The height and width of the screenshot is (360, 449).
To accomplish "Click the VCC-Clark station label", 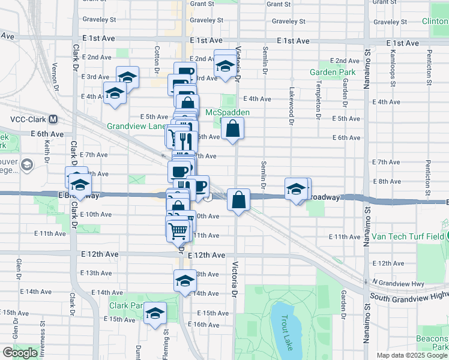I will [28, 119].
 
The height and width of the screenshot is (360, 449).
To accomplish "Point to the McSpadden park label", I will [227, 112].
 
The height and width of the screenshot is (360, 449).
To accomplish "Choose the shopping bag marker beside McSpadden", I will [232, 129].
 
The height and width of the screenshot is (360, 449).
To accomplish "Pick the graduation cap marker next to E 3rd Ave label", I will [127, 78].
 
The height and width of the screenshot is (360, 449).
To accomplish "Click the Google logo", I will [20, 353].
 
